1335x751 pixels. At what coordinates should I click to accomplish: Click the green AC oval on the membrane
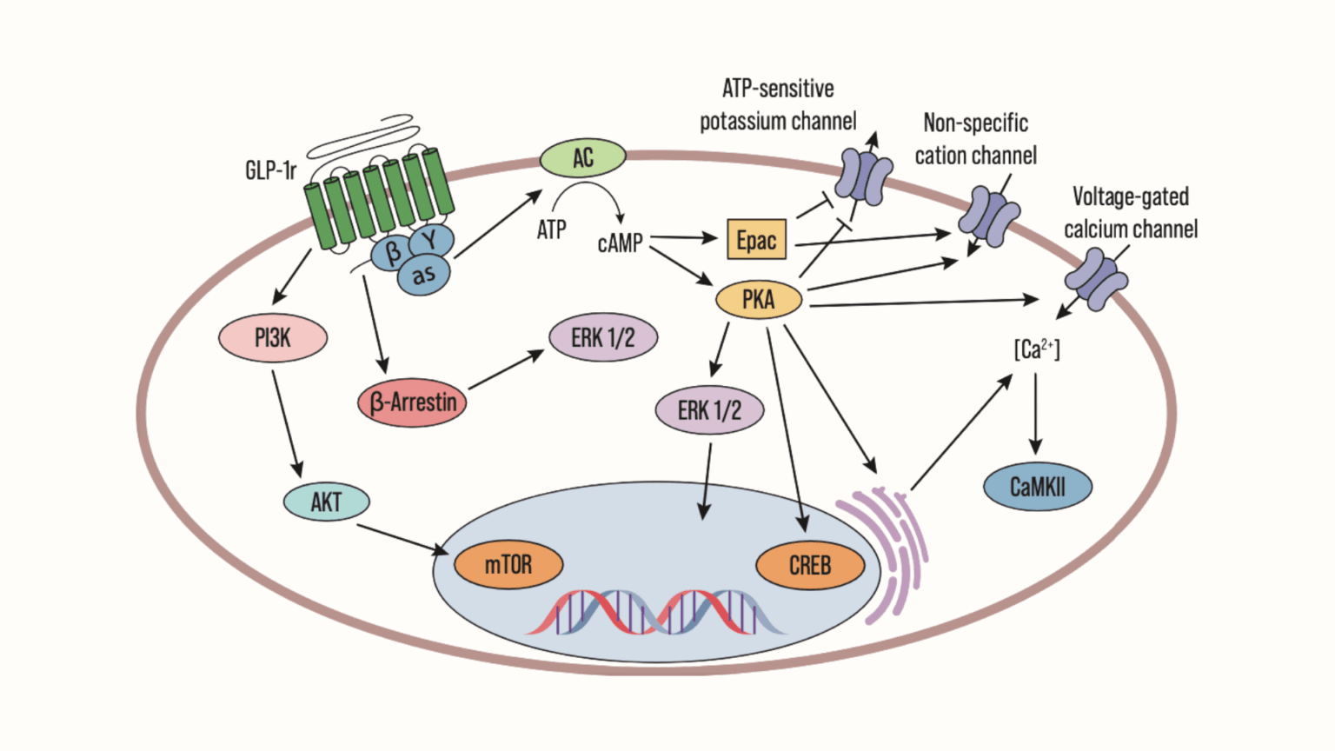(x=582, y=158)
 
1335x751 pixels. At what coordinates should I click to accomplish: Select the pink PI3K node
(x=272, y=338)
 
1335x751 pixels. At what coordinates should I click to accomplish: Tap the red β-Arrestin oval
(x=412, y=402)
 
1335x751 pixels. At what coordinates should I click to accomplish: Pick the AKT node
(x=326, y=502)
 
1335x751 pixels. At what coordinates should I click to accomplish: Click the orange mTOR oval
(x=508, y=565)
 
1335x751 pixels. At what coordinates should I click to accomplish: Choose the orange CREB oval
(x=810, y=566)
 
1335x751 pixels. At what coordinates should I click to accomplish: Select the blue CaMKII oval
(x=1037, y=487)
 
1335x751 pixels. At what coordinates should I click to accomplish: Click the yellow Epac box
(x=756, y=240)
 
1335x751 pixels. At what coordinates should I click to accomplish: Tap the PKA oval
(x=758, y=300)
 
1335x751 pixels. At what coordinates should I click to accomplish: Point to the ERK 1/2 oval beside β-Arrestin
(x=602, y=337)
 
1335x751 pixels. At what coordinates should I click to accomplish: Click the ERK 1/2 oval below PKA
(x=709, y=410)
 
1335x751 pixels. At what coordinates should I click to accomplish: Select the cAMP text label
(x=620, y=243)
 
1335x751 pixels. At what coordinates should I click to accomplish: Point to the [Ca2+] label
(x=1036, y=349)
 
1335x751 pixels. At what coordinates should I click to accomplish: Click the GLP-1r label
(x=270, y=170)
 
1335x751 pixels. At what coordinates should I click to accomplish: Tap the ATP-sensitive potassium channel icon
(x=862, y=177)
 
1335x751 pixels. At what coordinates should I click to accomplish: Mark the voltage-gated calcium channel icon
(x=1096, y=280)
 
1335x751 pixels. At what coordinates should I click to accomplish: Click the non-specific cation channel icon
(x=989, y=216)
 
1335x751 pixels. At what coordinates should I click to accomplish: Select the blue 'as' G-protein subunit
(x=424, y=276)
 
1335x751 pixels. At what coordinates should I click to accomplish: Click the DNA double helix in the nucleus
(x=656, y=612)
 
